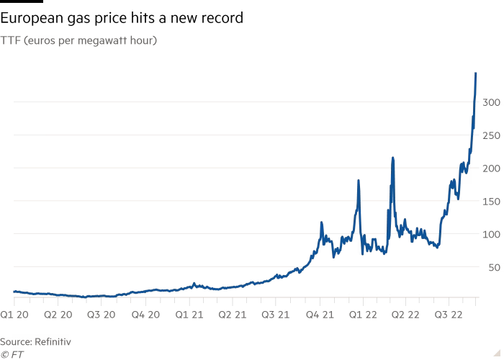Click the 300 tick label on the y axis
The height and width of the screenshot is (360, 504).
(x=490, y=103)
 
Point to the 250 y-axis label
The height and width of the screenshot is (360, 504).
(x=490, y=136)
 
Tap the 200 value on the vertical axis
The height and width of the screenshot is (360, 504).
(x=490, y=168)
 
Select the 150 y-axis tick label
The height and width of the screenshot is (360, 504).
(x=491, y=202)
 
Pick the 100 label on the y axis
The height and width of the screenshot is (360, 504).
(x=491, y=235)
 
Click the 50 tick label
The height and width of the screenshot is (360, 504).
(x=493, y=268)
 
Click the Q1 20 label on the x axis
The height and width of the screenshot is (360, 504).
(x=14, y=315)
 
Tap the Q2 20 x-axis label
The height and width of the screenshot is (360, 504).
(x=58, y=315)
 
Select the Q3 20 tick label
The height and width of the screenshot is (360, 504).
(x=102, y=315)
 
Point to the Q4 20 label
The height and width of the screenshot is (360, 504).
(x=145, y=315)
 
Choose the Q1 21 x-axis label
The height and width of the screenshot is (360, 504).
(x=188, y=315)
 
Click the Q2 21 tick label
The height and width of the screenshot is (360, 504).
(x=231, y=315)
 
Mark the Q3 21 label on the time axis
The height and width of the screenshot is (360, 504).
(x=275, y=315)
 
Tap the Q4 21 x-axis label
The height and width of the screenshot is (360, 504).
(x=318, y=315)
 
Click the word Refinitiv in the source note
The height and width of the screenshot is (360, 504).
(x=55, y=341)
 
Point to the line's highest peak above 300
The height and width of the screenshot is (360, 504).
(x=476, y=73)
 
